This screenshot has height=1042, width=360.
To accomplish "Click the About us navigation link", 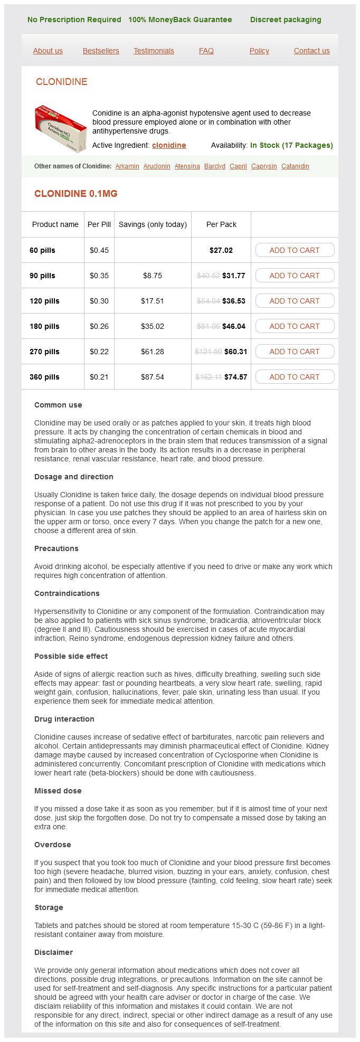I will pos(48,51).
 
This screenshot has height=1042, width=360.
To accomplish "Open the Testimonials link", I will pos(154,51).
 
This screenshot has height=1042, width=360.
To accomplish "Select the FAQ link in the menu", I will pos(206,51).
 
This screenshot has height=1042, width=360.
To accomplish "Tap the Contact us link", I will pos(312,51).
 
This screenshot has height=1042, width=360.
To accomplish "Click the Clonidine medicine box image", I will pos(61,128).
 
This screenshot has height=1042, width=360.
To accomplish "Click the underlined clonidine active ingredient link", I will pos(169,145).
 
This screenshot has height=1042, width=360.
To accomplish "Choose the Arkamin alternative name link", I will pos(127,166).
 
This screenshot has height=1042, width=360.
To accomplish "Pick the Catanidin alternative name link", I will pos(295,166).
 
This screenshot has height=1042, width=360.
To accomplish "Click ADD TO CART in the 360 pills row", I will pos(295,377).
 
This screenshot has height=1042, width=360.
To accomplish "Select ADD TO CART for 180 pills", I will pos(295,326).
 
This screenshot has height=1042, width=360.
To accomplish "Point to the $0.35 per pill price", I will pos(99,276).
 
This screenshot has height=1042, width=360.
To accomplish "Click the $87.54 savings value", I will pos(153,377).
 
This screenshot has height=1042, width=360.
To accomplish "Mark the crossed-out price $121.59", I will pos(208,352).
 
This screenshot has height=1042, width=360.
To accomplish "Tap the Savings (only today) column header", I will pos(153,224).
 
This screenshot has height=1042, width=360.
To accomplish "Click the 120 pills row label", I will pos(44,301).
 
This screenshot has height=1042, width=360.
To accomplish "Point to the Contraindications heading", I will pos(67,593).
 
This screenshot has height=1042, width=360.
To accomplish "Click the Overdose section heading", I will pos(52,845).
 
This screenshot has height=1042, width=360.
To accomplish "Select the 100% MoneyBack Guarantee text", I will pos(180,20).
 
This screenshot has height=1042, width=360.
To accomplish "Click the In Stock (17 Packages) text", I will pos(291,145).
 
